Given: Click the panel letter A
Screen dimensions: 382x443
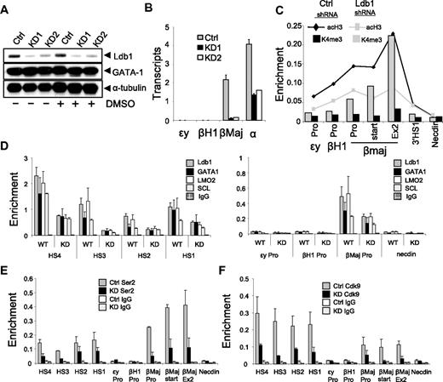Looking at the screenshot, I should (6, 7).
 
